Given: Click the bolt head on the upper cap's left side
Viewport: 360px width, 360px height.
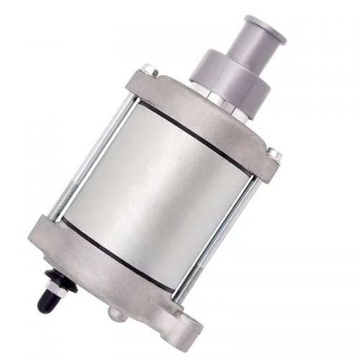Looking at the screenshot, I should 148,69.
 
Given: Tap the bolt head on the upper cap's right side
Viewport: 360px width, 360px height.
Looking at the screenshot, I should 274,153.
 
